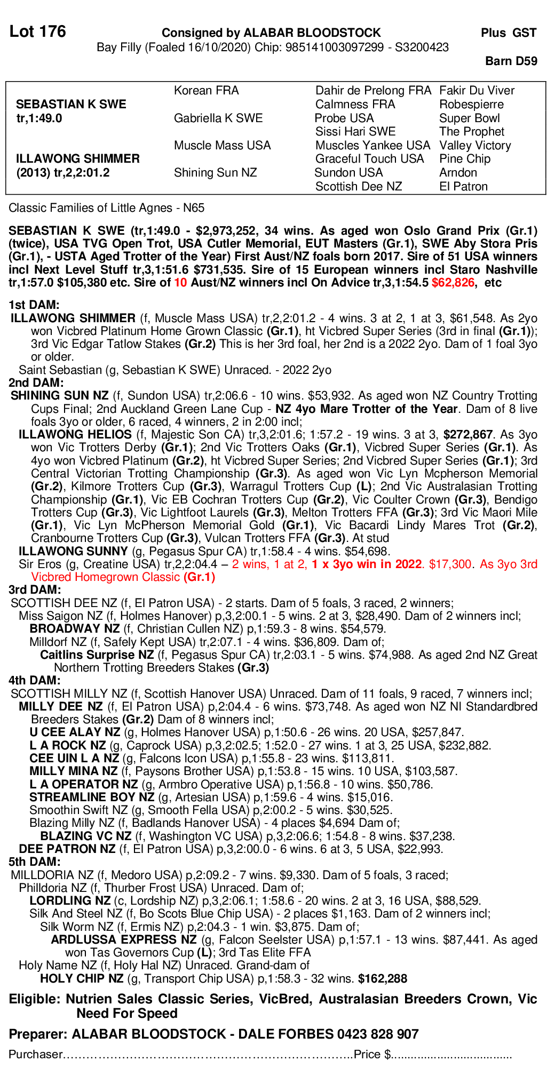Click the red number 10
coord(180,283)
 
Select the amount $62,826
coord(453,283)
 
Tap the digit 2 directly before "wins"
coord(235,564)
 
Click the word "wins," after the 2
coord(256,564)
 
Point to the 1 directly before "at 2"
coord(276,564)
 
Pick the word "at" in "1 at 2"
coord(289,564)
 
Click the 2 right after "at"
coord(302,564)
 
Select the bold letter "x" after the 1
coord(325,564)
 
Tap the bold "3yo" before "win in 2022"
coord(344,564)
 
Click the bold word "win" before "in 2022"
coord(368,564)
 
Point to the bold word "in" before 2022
coord(387,564)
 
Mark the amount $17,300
coord(450,564)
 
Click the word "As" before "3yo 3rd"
coord(487,564)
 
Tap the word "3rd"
coord(529,564)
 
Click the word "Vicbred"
coord(51,577)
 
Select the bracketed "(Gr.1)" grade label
coord(199,577)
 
